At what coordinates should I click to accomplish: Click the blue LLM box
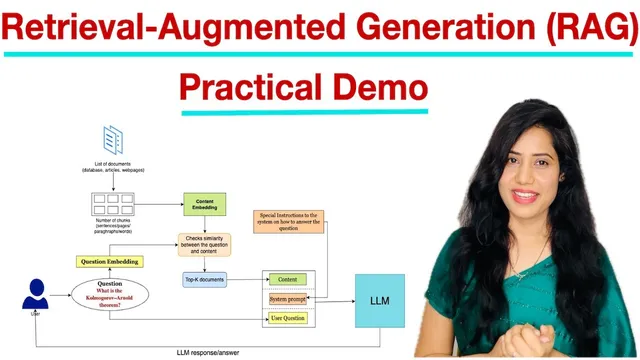380,299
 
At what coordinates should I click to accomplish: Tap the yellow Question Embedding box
109,262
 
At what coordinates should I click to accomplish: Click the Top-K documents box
204,279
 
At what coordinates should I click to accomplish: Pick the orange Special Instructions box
289,221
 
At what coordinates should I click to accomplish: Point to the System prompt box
288,299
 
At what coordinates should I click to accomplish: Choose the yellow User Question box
288,318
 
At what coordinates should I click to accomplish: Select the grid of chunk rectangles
113,204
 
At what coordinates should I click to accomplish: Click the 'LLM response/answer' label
210,352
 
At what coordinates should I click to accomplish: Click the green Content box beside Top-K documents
287,279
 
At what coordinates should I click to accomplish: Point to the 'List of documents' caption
113,167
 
